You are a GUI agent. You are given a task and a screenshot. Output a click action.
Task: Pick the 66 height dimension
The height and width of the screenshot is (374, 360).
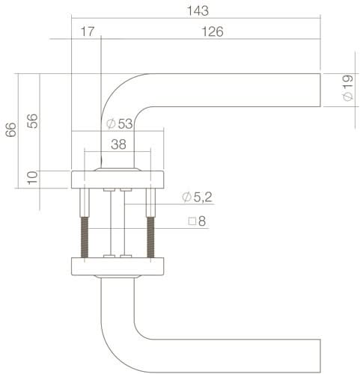[x=10, y=130]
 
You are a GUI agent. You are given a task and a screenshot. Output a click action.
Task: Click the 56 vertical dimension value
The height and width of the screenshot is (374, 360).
[x=31, y=121]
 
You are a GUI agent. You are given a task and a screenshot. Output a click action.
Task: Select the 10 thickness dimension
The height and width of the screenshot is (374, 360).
[x=31, y=178]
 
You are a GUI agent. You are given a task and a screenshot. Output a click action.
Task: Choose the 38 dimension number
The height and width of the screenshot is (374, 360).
[x=118, y=145]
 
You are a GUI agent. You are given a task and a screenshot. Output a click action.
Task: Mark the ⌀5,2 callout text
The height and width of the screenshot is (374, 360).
[x=197, y=197]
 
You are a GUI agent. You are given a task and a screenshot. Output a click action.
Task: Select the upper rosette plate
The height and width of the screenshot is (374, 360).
[x=118, y=180]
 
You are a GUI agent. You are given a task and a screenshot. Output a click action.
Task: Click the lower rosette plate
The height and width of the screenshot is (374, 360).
[x=118, y=267]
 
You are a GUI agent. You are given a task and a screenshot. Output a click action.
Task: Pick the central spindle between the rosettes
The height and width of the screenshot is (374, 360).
[x=118, y=224]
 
